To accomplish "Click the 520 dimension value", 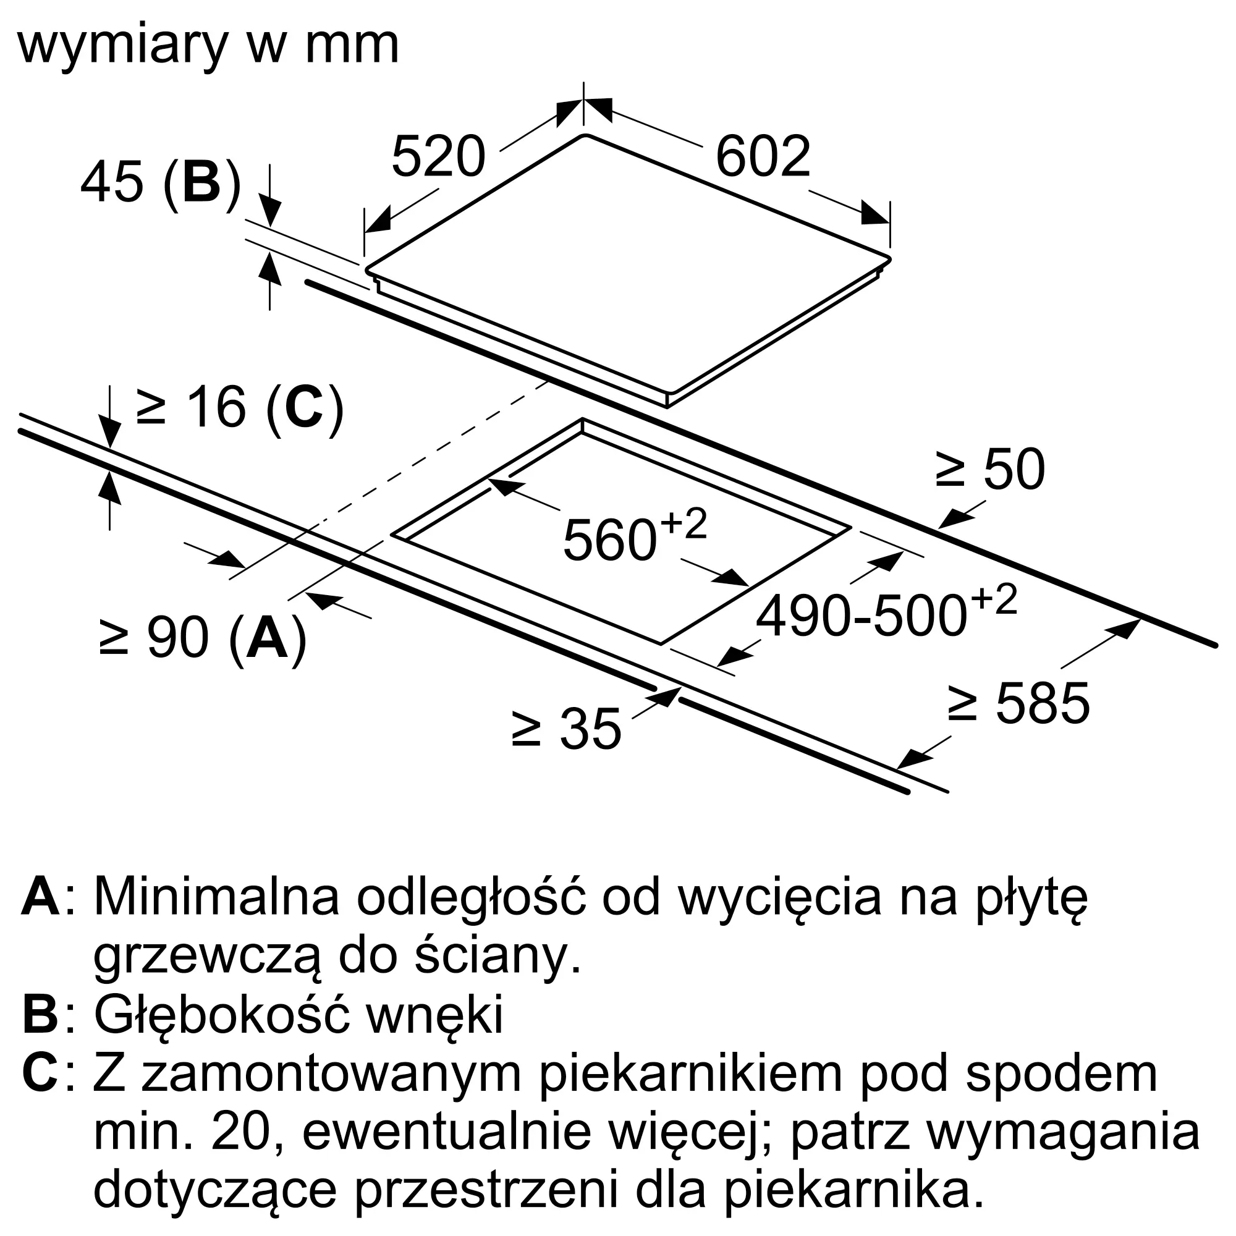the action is (439, 156).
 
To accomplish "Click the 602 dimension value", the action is (763, 156).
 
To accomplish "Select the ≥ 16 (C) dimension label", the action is (240, 407).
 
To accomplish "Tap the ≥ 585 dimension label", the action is (1018, 703).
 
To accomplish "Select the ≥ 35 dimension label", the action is (567, 729).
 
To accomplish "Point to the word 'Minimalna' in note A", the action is (216, 898).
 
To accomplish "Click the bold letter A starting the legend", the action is (41, 898).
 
